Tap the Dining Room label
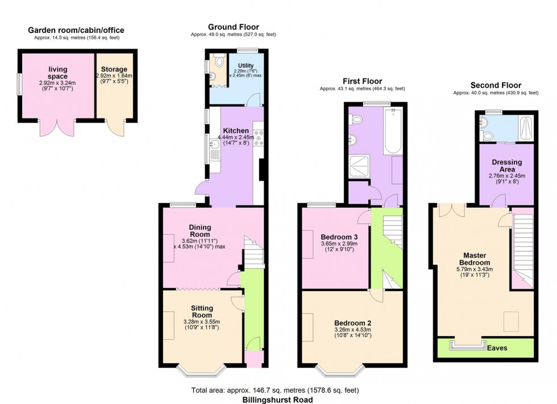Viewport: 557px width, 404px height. point(200,230)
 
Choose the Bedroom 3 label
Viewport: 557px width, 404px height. point(339,237)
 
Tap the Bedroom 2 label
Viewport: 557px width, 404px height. point(353,323)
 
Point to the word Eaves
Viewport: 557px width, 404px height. point(497,347)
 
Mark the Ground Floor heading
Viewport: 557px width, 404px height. point(233,27)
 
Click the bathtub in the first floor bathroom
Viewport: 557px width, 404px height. point(393,132)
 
